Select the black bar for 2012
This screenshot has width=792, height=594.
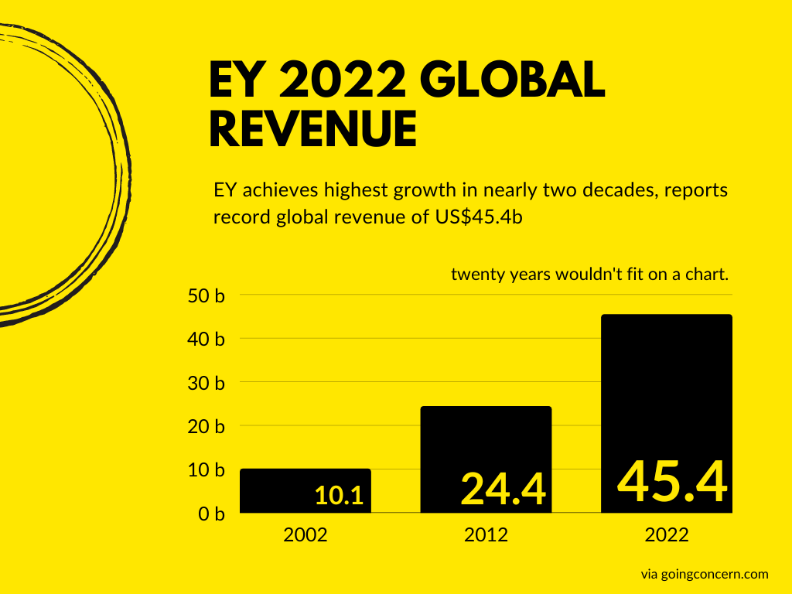click(x=486, y=441)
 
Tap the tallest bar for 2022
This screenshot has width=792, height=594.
click(x=666, y=387)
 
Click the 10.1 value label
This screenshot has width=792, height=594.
click(x=339, y=496)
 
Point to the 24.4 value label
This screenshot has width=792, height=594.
click(x=504, y=489)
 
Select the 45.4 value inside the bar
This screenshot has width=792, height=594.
click(x=672, y=481)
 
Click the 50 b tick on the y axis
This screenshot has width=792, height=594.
click(x=206, y=295)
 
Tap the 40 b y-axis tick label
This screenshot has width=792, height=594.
click(x=206, y=339)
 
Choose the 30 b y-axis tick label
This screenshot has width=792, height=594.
click(x=206, y=383)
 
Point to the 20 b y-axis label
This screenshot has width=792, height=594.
click(x=206, y=426)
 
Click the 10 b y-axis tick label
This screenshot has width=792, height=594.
click(x=206, y=470)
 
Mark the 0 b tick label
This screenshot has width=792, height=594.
click(x=210, y=514)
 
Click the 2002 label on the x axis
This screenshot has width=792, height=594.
click(x=306, y=534)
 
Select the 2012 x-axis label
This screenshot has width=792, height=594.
click(x=486, y=534)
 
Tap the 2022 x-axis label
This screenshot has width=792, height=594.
click(x=666, y=534)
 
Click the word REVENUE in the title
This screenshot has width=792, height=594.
click(x=313, y=129)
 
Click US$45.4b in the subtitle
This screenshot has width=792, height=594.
click(x=476, y=217)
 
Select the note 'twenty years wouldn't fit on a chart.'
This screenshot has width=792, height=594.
click(x=591, y=274)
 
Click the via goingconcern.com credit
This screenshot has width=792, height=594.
click(x=704, y=574)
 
